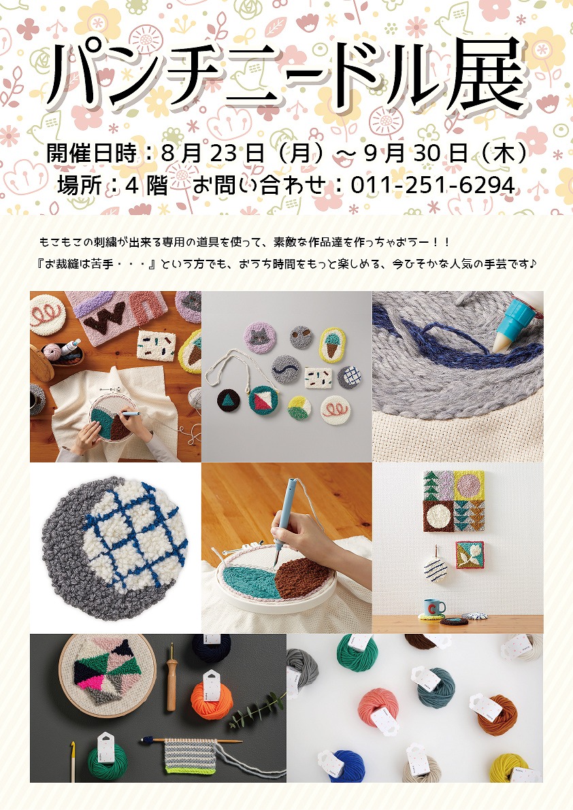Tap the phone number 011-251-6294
point(433,186)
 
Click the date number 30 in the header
point(427,154)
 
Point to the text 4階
point(146,186)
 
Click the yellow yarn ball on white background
point(510,769)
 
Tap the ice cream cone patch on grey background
point(332,343)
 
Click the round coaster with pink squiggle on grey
point(335,410)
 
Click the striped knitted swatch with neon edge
point(190,753)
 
